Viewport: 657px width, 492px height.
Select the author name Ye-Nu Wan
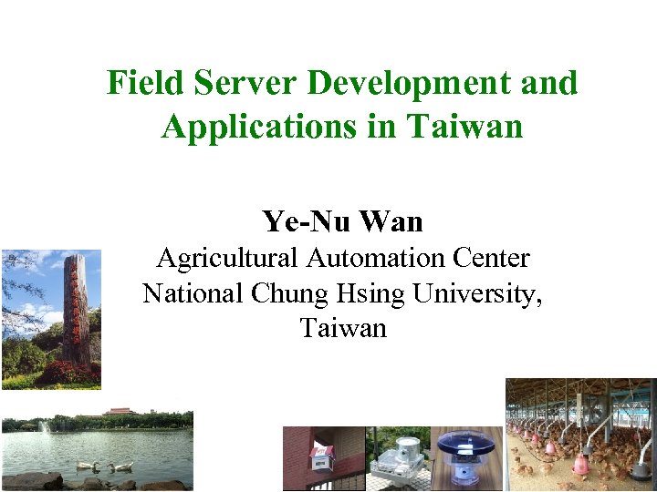pyautogui.click(x=342, y=220)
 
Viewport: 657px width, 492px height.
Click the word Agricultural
pyautogui.click(x=227, y=259)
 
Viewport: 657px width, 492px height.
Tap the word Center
pyautogui.click(x=494, y=259)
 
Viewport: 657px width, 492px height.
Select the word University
pyautogui.click(x=477, y=293)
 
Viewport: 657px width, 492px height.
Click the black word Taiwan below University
pyautogui.click(x=343, y=328)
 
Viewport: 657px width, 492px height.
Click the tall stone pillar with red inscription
pyautogui.click(x=77, y=310)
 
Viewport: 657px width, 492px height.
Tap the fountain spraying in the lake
pyautogui.click(x=44, y=425)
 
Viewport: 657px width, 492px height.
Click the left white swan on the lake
pyautogui.click(x=87, y=466)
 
